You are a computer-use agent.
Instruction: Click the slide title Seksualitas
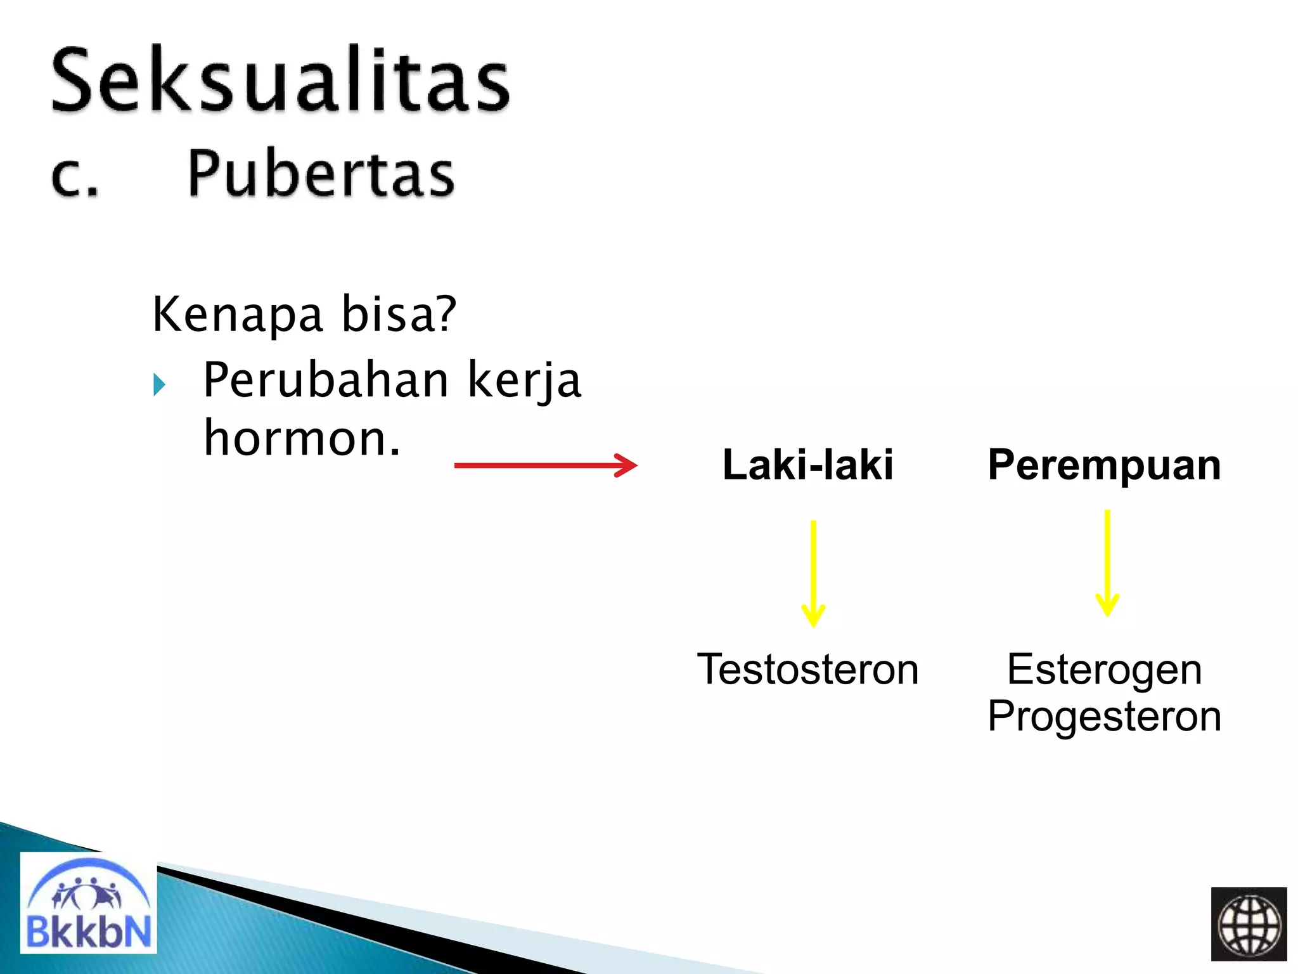tap(280, 81)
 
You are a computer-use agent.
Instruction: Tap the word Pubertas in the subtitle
tap(321, 174)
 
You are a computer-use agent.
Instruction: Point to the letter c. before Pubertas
tap(75, 176)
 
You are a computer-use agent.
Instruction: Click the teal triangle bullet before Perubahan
tap(159, 384)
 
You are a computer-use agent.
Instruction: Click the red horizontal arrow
tap(545, 465)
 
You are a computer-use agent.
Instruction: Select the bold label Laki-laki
tap(808, 465)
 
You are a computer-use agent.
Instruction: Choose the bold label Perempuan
tap(1104, 465)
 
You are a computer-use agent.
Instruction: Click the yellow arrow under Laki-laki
tap(813, 573)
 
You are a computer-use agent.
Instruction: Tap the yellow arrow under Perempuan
tap(1107, 562)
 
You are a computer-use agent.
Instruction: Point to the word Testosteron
tap(808, 670)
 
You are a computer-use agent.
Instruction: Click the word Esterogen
tap(1104, 670)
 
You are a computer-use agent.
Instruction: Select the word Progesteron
tap(1104, 717)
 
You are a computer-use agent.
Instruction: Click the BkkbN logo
tap(89, 903)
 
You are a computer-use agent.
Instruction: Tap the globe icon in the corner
tap(1249, 924)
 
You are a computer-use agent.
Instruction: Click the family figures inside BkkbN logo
tap(87, 894)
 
